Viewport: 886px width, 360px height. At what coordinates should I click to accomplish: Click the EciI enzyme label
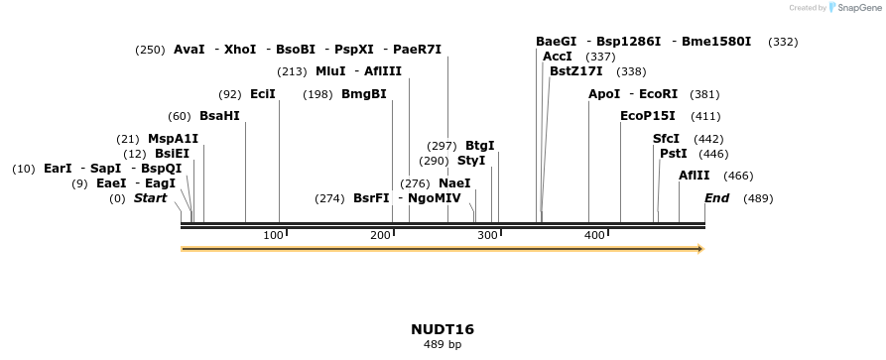pos(263,94)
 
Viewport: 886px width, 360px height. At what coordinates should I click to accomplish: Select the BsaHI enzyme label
pos(219,116)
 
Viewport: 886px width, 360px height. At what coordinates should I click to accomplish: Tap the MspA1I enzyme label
pos(174,139)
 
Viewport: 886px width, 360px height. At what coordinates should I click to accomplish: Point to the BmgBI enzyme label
pos(363,94)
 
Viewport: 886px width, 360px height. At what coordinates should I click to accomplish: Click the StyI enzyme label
pos(471,161)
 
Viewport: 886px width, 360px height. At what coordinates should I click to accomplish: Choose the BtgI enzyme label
pos(479,146)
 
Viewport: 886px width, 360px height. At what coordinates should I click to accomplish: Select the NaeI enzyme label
pos(454,183)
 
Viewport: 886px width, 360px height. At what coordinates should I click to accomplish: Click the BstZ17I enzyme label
pos(575,71)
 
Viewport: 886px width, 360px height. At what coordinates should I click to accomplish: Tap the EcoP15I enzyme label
pos(647,116)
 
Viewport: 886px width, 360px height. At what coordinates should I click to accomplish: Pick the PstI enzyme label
pos(674,154)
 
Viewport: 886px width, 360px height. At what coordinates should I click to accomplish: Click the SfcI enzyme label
pos(666,139)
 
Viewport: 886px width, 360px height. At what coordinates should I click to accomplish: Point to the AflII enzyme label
pos(695,176)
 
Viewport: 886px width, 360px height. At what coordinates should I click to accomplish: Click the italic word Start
pos(150,198)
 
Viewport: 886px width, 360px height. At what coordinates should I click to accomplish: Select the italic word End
pos(716,198)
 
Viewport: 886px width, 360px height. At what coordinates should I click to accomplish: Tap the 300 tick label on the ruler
pos(487,235)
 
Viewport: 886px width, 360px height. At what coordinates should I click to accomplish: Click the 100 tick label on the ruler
pos(273,235)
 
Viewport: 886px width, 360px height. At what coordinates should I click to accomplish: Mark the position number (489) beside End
pos(758,198)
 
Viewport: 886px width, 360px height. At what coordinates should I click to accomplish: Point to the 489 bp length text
pos(443,345)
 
